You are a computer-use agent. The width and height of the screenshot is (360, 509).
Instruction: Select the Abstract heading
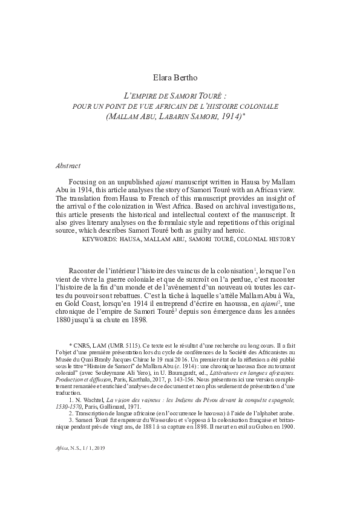coord(67,165)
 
